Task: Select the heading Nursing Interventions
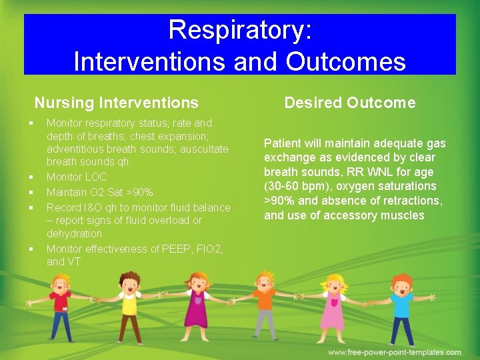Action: [116, 103]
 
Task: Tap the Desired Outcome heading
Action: [349, 103]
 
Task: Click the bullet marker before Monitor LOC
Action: [31, 177]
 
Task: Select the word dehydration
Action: [74, 234]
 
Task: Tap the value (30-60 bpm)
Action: [295, 187]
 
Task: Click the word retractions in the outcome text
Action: [413, 201]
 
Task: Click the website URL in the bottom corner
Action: [394, 352]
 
